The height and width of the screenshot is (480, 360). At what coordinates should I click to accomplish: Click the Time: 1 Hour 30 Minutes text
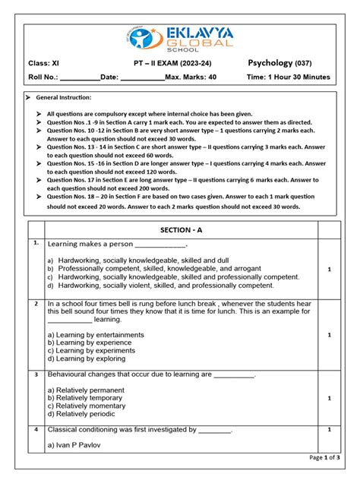(x=288, y=77)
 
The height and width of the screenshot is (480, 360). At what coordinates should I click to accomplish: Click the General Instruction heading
(x=64, y=98)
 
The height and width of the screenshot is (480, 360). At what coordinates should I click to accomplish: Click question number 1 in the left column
(x=36, y=244)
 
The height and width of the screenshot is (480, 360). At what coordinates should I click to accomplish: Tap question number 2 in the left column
(x=36, y=303)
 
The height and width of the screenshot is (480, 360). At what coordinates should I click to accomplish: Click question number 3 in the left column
(x=36, y=374)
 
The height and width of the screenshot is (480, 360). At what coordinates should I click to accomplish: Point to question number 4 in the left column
(x=36, y=430)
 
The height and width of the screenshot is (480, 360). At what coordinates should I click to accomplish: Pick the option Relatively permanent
(x=84, y=390)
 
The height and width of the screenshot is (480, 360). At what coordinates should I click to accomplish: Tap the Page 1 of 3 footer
(x=325, y=458)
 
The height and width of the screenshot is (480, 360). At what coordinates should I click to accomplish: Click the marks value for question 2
(x=329, y=334)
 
